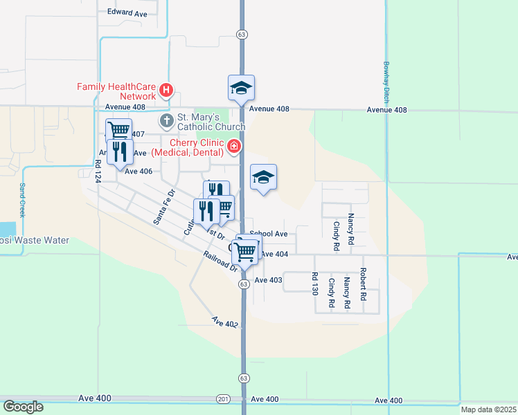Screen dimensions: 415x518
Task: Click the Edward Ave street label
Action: (127, 12)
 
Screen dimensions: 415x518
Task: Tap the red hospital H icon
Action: (166, 90)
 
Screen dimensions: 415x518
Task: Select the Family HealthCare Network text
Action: (116, 91)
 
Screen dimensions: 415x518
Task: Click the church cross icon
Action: (166, 122)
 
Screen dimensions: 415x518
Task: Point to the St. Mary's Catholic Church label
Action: (211, 122)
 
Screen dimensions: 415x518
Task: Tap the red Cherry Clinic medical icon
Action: (234, 146)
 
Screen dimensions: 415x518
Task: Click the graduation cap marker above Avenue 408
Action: (241, 88)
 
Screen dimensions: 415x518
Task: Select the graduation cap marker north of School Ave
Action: (263, 177)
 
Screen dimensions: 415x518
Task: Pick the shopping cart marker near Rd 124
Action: (119, 129)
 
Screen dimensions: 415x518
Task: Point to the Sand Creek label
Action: (22, 201)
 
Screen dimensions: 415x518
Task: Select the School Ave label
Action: (268, 234)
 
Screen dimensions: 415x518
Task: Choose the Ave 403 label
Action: (268, 280)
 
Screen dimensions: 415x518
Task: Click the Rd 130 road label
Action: (314, 284)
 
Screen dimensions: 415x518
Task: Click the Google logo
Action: (24, 406)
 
